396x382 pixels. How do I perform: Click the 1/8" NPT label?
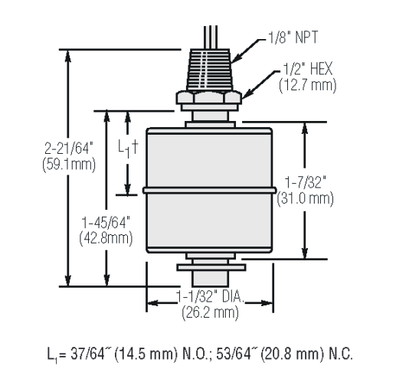coord(293,38)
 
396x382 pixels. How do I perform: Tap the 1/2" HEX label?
coord(308,69)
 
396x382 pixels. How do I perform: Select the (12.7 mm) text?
coord(308,85)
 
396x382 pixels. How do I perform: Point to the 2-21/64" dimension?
coord(68,149)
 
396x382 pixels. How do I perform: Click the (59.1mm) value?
coord(69,165)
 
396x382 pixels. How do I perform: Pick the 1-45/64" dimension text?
coord(106,222)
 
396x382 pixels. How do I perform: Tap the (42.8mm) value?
coord(106,239)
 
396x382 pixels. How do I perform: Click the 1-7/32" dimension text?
coord(306,182)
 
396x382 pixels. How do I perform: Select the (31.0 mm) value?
coord(306,198)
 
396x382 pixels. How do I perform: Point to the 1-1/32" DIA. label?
coord(210,296)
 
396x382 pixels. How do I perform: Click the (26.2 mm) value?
coord(210,312)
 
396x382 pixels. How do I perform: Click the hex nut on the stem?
coord(208,97)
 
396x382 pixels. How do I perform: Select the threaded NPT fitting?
coord(209,70)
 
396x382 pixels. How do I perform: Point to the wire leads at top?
coord(211,38)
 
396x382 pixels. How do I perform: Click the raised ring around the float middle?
coord(209,190)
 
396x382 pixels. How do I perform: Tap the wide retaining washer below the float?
coord(211,267)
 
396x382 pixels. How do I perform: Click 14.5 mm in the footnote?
coord(146,354)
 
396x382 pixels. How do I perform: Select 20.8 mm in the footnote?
coord(293,354)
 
